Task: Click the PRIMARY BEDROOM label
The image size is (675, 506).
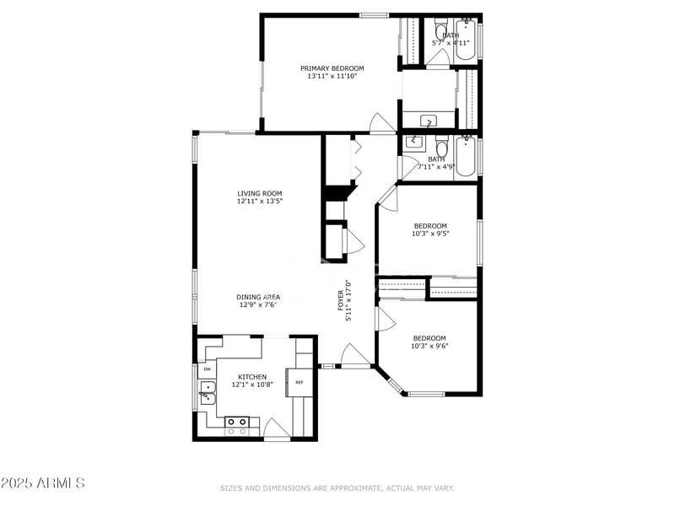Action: point(332,68)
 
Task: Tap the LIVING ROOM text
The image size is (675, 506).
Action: point(259,194)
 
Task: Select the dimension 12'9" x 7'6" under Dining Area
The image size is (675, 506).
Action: point(258,304)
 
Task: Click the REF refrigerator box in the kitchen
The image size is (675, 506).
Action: point(299,382)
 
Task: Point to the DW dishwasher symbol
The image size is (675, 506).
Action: point(207,369)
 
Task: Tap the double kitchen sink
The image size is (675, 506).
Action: point(206,391)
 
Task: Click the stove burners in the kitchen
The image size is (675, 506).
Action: point(237,425)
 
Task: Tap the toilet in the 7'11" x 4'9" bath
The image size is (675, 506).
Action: point(442,149)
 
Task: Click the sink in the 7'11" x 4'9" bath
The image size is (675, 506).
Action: point(414,142)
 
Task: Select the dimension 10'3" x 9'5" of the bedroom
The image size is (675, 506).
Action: point(429,234)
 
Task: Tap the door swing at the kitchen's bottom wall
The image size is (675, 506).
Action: point(277,428)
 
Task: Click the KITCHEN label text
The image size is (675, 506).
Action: point(251,377)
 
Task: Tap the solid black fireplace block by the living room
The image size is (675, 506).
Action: point(337,193)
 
